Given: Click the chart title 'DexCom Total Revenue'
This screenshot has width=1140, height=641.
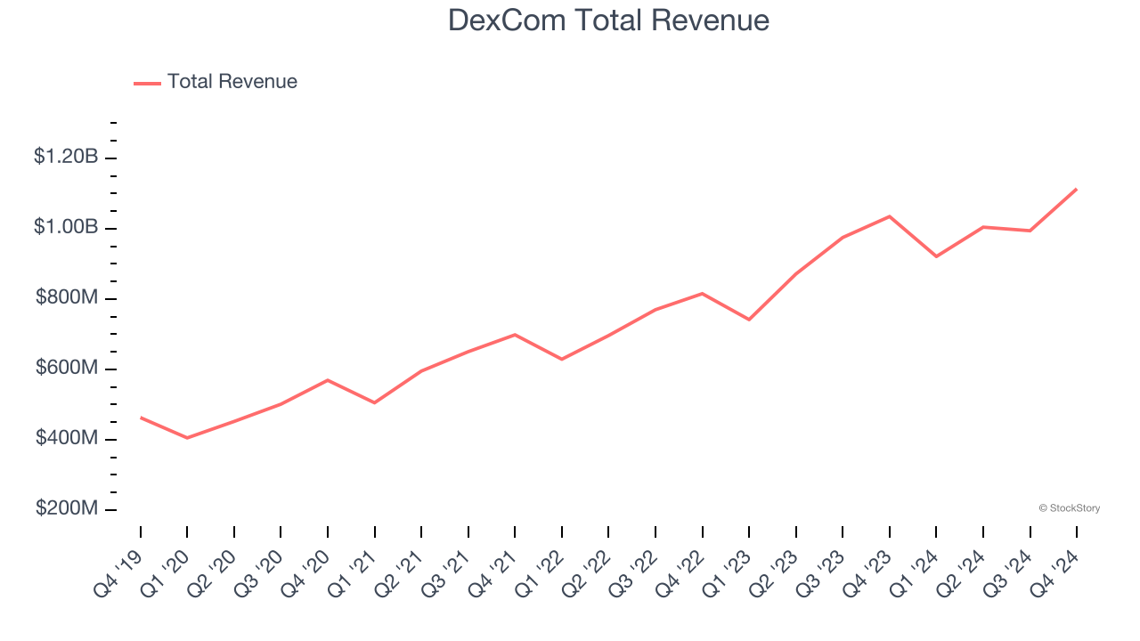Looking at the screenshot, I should click(x=608, y=20).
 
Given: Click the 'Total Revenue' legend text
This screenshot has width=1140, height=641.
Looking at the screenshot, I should click(x=232, y=82).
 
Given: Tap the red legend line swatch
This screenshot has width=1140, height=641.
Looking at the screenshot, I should click(x=147, y=83).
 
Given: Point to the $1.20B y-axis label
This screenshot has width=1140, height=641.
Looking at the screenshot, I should click(x=66, y=157).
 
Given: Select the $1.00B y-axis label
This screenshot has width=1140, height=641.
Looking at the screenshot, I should click(x=66, y=227).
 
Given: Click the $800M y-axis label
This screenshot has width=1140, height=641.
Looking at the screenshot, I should click(x=67, y=297).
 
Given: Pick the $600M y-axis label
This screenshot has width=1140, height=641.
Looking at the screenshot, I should click(x=67, y=368).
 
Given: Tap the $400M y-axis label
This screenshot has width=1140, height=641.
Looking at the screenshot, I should click(x=67, y=438).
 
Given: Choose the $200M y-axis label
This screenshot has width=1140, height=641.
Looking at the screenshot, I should click(x=67, y=508).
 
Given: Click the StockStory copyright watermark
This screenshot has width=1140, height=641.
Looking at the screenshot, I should click(x=1069, y=508).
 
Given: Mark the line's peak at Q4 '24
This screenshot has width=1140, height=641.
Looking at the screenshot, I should click(x=1077, y=189).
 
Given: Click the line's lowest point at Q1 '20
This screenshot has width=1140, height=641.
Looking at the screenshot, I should click(x=187, y=438).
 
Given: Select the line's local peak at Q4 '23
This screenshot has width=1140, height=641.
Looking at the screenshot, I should click(x=890, y=216).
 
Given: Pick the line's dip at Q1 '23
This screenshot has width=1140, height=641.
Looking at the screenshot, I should click(x=749, y=320).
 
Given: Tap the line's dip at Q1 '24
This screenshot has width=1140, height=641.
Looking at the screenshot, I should click(x=936, y=256).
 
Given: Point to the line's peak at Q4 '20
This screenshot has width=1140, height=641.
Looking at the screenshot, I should click(x=328, y=380).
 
